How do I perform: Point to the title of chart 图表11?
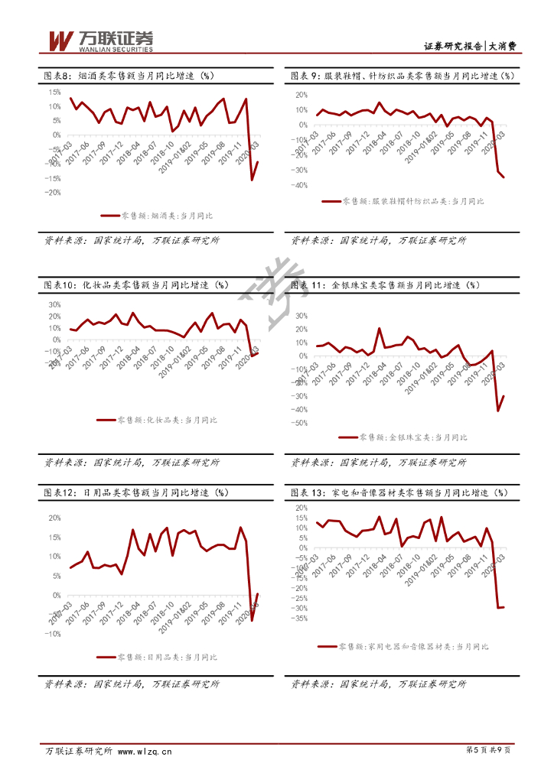[x=385, y=284]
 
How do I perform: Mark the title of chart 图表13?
[x=399, y=493]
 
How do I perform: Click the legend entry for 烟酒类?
[x=158, y=216]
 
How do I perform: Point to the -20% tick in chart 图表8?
[x=54, y=193]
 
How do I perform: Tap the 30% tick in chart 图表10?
[x=54, y=304]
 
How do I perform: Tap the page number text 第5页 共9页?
[x=488, y=751]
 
